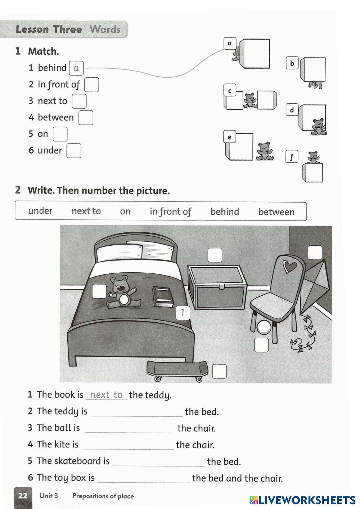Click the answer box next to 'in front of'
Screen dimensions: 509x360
(x=91, y=85)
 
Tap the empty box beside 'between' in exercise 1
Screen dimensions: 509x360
(x=86, y=118)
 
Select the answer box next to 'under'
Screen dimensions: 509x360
(x=74, y=151)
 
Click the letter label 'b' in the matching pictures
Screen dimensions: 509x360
(x=292, y=63)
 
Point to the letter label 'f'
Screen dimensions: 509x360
(x=292, y=157)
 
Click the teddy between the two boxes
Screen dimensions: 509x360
(x=249, y=100)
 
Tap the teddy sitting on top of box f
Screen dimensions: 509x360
(x=313, y=157)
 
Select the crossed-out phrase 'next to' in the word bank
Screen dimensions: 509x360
(x=86, y=211)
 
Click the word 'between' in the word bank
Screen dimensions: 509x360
(x=276, y=212)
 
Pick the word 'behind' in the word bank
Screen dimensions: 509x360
(x=225, y=212)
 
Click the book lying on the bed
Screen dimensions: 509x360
(x=163, y=296)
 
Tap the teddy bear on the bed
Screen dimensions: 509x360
(x=121, y=292)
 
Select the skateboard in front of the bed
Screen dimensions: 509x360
(x=177, y=371)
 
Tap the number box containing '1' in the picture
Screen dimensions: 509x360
(x=183, y=312)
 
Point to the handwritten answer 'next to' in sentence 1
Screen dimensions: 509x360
(x=106, y=395)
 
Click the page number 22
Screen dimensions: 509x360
(x=23, y=496)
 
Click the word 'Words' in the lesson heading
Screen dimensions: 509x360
(x=105, y=29)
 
